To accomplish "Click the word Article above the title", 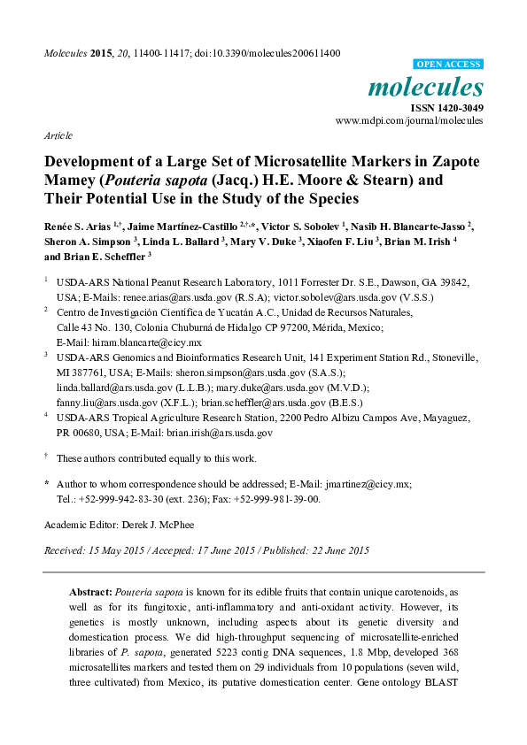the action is pos(58,136).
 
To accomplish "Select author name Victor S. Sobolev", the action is pos(284,228).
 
